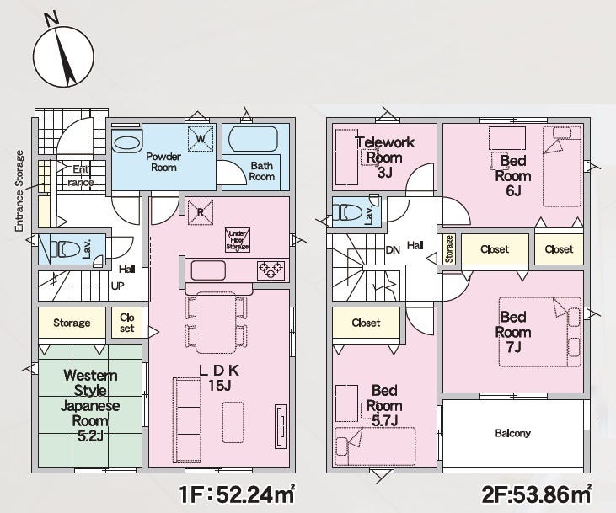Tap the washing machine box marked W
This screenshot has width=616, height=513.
click(201, 138)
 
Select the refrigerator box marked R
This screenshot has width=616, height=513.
click(201, 212)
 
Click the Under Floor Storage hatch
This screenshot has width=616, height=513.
click(238, 239)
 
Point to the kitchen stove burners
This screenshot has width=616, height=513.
click(271, 270)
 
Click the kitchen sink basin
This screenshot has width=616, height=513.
click(208, 270)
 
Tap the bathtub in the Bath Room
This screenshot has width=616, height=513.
click(253, 138)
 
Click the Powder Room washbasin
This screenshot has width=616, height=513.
click(126, 143)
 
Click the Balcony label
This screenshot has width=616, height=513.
click(512, 433)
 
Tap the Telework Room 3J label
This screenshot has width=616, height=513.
click(385, 158)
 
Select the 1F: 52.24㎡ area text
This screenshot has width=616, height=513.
click(237, 494)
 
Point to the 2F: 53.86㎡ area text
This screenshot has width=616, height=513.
click(536, 494)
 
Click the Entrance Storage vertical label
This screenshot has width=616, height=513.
click(19, 191)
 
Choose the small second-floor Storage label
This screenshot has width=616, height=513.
click(449, 249)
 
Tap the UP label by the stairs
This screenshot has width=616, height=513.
click(117, 286)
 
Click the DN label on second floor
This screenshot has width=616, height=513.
click(393, 250)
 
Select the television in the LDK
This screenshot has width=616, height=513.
click(280, 425)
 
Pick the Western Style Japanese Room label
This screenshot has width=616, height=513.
click(90, 405)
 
